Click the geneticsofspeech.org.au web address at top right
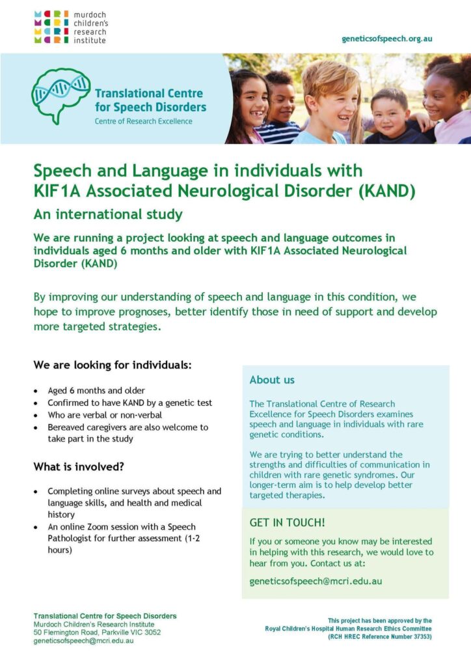pos(386,38)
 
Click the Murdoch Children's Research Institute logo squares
pos(51,27)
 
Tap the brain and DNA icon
pos(61,95)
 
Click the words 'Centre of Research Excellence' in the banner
pos(143,121)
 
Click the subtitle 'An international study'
pos(108,214)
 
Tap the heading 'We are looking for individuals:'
pos(113,365)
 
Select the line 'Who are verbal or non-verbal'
pos(105,415)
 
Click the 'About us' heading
pos(272,380)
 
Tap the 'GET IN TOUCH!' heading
pos(287,522)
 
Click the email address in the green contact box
pos(316,581)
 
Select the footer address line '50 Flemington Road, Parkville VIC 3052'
pos(97,632)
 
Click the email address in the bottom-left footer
pos(83,641)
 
